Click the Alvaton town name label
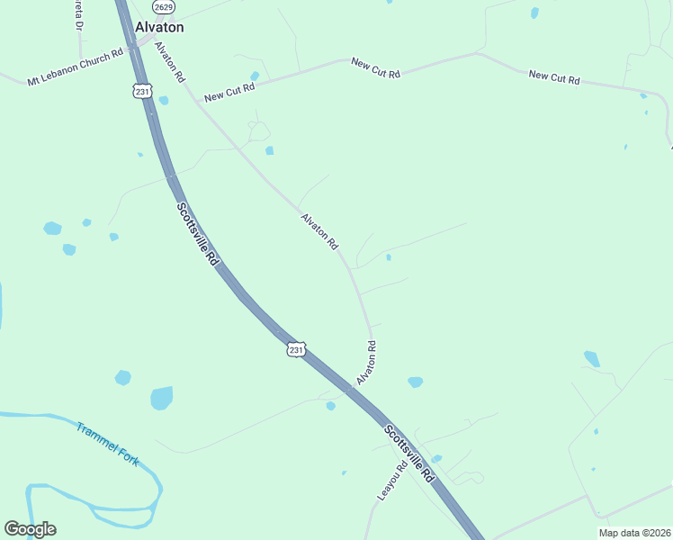click(159, 27)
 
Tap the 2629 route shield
click(163, 7)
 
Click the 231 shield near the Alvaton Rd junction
click(297, 348)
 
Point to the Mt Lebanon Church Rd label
click(75, 68)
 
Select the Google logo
click(30, 529)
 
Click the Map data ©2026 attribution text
click(634, 533)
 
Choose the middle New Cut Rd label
click(375, 67)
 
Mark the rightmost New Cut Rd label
click(553, 78)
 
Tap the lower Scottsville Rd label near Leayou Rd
click(409, 454)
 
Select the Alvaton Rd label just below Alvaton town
click(169, 61)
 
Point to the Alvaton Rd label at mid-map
click(319, 231)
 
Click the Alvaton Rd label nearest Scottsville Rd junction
click(365, 363)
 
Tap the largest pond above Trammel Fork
click(162, 397)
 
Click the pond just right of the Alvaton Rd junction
click(415, 382)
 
